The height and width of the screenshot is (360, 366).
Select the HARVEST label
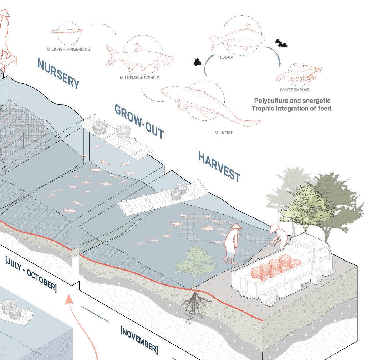[219, 166]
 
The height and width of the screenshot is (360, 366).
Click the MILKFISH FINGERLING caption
[68, 49]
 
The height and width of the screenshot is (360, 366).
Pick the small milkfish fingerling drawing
[67, 31]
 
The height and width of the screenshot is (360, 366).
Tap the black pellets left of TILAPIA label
[197, 61]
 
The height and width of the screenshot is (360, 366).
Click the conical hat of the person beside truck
[274, 228]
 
